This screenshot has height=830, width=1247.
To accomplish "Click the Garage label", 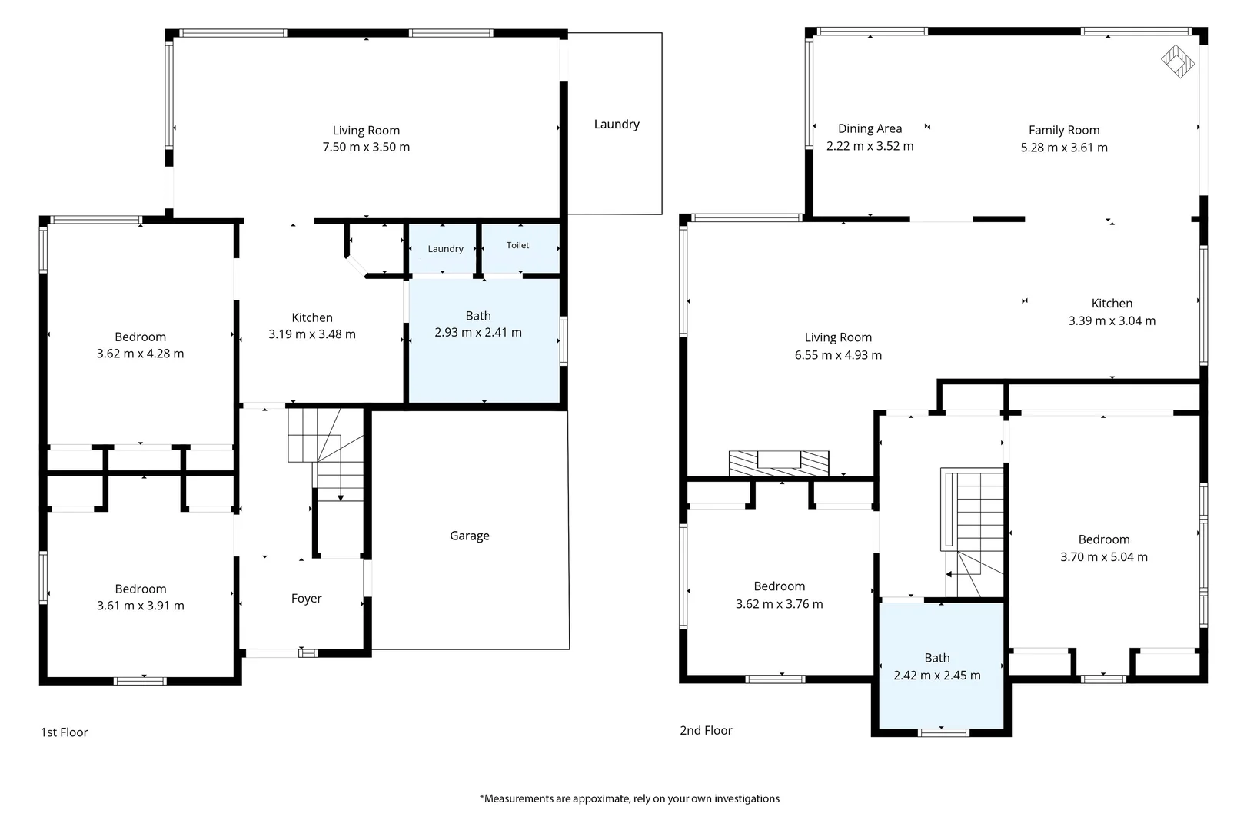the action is click(469, 536).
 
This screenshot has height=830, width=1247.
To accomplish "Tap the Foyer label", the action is click(306, 599).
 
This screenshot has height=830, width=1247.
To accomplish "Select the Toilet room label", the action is click(517, 245).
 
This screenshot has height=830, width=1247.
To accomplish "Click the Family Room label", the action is click(1064, 130).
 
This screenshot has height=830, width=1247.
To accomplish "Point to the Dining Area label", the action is click(870, 128).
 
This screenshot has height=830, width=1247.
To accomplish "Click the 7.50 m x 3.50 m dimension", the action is click(366, 147).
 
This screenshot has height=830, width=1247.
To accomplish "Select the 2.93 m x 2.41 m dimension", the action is click(478, 332).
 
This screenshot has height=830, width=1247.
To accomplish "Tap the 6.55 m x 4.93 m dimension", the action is click(838, 355).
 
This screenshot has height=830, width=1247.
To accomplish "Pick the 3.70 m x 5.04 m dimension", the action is click(1104, 557).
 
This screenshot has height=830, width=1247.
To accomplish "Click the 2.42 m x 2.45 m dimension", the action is click(937, 676).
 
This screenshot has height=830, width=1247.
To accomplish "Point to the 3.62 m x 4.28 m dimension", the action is click(140, 354).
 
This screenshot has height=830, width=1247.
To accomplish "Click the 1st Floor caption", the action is click(64, 732).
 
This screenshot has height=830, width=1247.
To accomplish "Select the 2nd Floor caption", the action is click(706, 730).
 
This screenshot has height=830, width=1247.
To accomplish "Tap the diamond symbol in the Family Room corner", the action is click(1177, 61).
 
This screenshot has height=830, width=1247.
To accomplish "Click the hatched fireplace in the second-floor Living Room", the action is click(779, 463).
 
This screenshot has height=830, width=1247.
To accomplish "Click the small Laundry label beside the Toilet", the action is click(445, 249).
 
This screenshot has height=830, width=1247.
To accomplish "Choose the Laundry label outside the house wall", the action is click(617, 124).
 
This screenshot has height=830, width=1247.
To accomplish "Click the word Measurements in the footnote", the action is click(519, 798).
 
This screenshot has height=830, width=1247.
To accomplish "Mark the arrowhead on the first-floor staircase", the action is click(340, 498).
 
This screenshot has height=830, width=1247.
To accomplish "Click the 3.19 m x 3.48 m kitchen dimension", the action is click(312, 334).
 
